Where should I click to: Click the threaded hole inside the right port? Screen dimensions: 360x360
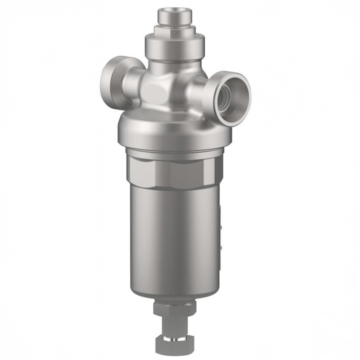click(226, 98)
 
